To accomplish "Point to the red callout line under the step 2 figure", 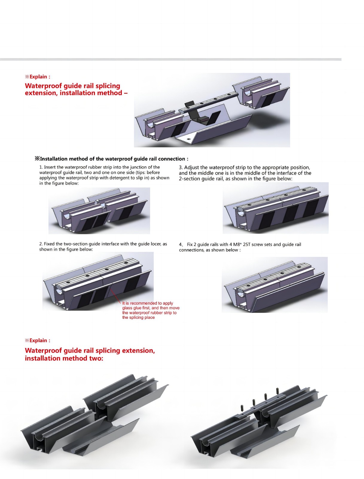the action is (115, 295).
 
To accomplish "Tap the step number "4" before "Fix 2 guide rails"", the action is (180, 244).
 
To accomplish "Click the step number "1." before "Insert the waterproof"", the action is (41, 167).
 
